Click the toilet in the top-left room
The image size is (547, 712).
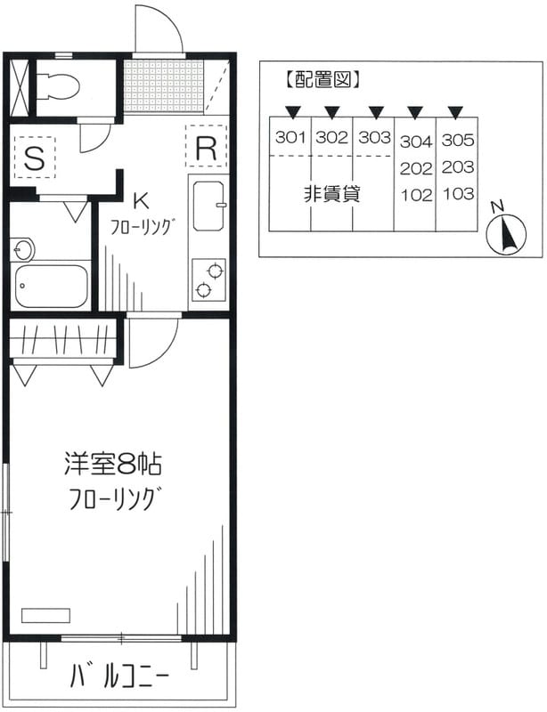pos(61,85)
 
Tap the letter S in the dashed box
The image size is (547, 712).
pos(34,158)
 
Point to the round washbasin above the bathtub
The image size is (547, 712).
pos(21,249)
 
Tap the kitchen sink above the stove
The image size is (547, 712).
pos(207,210)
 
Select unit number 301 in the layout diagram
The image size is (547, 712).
pos(290,137)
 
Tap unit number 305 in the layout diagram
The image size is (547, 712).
pos(457,140)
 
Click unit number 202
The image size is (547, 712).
pos(415,167)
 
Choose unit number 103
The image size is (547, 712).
pos(457,194)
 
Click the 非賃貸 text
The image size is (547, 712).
pos(331,194)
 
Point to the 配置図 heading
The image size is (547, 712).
pos(321,79)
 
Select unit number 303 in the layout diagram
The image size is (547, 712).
pos(374,137)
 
